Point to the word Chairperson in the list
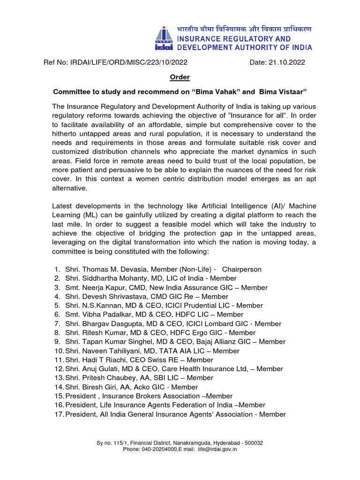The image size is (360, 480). [242, 270]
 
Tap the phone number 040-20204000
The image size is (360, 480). [160, 449]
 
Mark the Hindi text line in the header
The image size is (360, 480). [244, 29]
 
